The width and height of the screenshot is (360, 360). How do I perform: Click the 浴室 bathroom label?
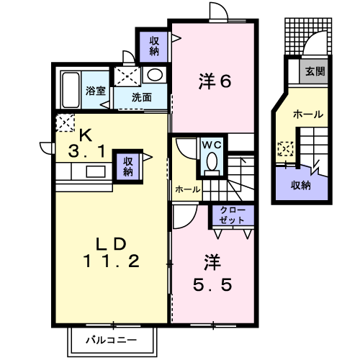point(96,91)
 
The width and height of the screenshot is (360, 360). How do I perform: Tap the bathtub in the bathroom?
point(71,90)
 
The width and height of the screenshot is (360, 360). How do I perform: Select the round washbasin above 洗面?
point(155,74)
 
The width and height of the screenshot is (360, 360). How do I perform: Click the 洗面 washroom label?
point(142,97)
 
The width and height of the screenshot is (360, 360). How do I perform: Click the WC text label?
point(212,145)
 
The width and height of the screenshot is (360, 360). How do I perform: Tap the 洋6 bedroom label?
point(215,81)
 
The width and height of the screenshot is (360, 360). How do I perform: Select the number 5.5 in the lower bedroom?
point(212,284)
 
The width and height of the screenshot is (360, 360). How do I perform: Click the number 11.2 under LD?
point(111,261)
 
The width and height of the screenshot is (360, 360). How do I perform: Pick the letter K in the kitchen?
point(86,135)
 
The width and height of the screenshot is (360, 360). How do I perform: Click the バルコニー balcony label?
point(112,340)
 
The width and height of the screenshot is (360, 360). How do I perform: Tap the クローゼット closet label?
point(232,215)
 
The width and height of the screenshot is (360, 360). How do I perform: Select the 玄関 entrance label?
point(315,71)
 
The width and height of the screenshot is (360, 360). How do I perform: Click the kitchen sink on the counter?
point(96,171)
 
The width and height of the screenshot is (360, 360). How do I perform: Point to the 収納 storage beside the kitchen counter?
point(128,167)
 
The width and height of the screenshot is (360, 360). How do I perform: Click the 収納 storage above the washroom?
point(154,47)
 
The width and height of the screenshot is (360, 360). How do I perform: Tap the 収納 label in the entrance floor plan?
point(301,185)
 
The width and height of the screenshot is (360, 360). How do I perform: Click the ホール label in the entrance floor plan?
point(308,114)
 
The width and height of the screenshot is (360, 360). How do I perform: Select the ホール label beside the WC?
point(187,189)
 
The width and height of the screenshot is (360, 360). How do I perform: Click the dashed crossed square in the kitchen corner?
point(65,122)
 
